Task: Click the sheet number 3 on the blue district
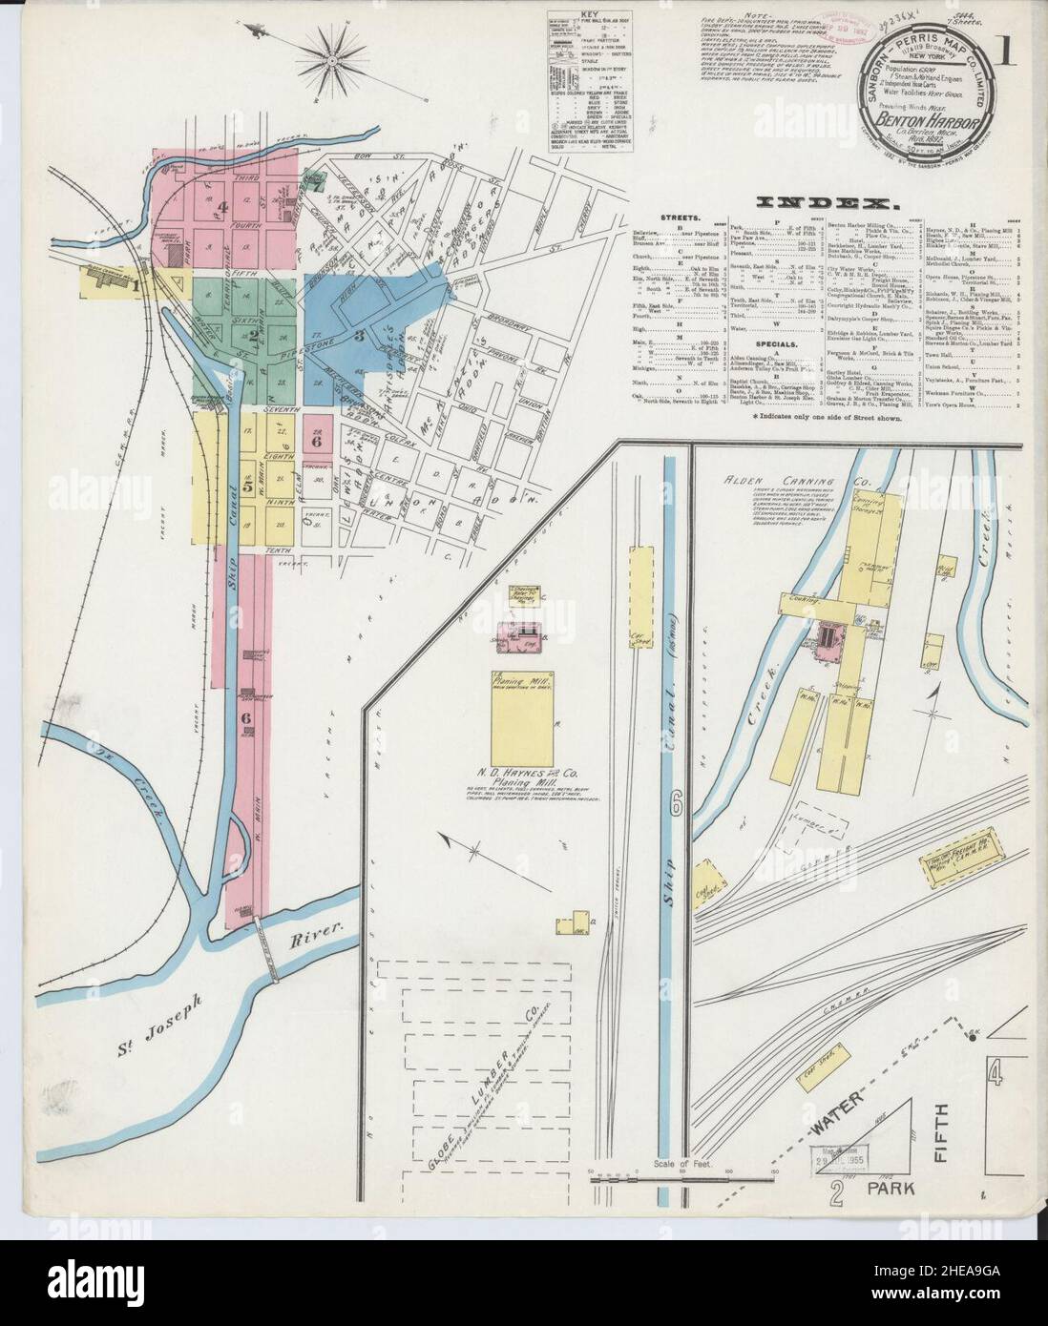pyautogui.click(x=359, y=334)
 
